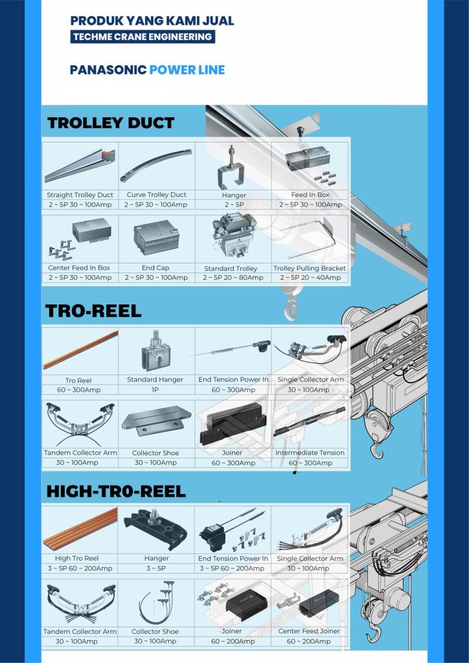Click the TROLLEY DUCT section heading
point(111,123)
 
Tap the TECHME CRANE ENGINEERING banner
point(143,37)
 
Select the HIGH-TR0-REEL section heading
point(116,491)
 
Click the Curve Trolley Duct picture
point(155,165)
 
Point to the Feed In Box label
point(310,195)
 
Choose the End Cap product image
point(156,237)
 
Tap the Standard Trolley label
point(231,269)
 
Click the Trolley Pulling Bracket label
point(310,269)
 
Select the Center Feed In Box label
point(79,268)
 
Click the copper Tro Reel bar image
point(80,350)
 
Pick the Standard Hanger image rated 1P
point(155,350)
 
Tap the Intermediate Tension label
point(310,453)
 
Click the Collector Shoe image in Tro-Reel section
point(156,421)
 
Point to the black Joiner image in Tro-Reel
point(233,423)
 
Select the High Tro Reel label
point(76,559)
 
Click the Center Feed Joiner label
point(309,631)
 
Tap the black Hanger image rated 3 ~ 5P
point(155,530)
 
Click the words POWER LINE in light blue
point(187,70)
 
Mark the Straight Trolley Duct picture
point(80,166)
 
